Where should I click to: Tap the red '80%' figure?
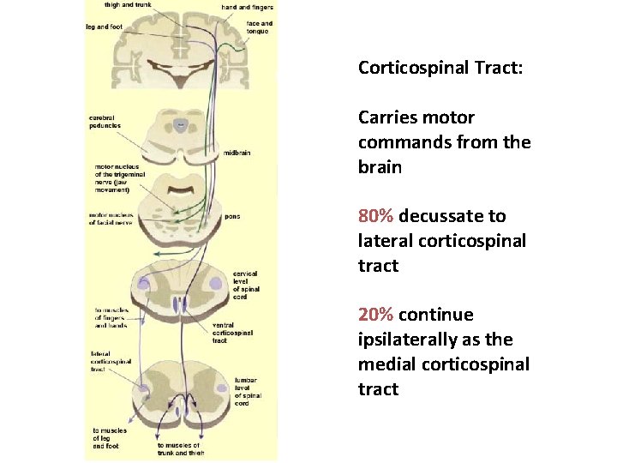pyautogui.click(x=376, y=216)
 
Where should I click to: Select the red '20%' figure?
pyautogui.click(x=376, y=315)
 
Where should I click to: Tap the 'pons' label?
pyautogui.click(x=232, y=217)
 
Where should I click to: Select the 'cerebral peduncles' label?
pyautogui.click(x=105, y=122)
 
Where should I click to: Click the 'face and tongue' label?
pyautogui.click(x=259, y=27)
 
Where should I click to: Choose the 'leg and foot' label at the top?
pyautogui.click(x=105, y=26)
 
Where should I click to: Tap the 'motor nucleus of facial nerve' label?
pyautogui.click(x=111, y=219)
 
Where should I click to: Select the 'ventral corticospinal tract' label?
pyautogui.click(x=231, y=333)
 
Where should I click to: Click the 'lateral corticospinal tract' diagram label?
pyautogui.click(x=111, y=362)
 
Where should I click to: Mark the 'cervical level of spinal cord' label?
pyautogui.click(x=245, y=286)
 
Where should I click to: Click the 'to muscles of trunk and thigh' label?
pyautogui.click(x=179, y=448)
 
